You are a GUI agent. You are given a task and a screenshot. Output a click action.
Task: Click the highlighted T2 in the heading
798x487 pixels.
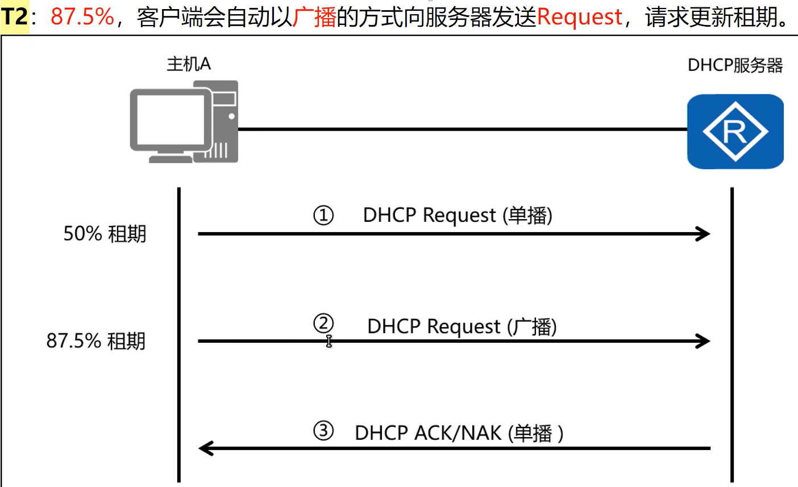(x=15, y=17)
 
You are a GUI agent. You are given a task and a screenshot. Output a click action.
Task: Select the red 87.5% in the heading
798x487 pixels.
(x=82, y=17)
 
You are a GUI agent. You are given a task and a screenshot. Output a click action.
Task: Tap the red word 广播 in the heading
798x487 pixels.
(x=314, y=17)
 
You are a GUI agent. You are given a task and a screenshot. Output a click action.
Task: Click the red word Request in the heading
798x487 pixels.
(x=579, y=17)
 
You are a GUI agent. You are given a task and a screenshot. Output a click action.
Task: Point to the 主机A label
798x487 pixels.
(x=189, y=64)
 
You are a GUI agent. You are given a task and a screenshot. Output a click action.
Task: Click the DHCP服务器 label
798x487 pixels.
(x=735, y=65)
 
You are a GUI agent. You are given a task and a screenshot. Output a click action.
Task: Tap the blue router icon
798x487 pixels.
(x=735, y=131)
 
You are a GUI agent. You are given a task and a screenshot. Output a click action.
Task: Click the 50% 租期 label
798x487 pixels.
(x=105, y=233)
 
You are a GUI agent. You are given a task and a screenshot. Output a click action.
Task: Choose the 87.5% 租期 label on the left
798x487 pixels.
(x=96, y=341)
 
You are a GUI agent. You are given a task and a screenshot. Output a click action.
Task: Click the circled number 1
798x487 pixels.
(x=323, y=216)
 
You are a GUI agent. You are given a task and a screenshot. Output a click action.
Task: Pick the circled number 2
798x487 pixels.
(x=323, y=324)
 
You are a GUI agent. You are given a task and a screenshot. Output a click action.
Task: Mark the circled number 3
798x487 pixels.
(x=323, y=431)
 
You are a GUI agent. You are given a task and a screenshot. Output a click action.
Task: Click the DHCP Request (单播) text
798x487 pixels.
(x=458, y=216)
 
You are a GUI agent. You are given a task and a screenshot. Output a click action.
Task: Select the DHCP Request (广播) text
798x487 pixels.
(x=462, y=326)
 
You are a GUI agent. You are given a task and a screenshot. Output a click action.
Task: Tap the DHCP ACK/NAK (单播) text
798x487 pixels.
(x=459, y=433)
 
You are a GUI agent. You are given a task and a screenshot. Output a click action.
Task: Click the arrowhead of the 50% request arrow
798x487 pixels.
(x=704, y=233)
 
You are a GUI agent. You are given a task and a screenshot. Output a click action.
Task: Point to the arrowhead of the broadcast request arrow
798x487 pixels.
(x=704, y=341)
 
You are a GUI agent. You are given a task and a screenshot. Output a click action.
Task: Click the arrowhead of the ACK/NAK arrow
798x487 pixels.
(x=205, y=448)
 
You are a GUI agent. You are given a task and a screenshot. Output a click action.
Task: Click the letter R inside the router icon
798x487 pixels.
(x=735, y=132)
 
